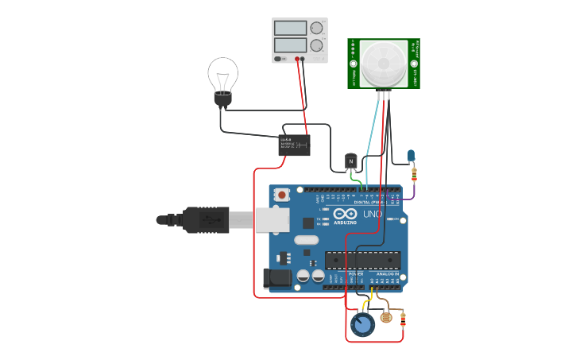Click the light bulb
point(222,76)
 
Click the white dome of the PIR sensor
point(383,64)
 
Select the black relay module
point(294,145)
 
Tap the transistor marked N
point(350,161)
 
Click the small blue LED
point(411,156)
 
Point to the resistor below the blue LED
point(413,174)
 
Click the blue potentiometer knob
point(362,324)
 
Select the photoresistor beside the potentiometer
point(386,317)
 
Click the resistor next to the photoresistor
point(403,320)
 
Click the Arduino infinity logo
point(345,215)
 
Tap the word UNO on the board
point(373,214)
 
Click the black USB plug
point(205,220)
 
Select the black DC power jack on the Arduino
point(276,278)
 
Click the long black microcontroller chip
point(362,260)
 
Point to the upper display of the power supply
point(290,28)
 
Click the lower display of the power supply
point(290,45)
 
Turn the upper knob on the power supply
point(317,28)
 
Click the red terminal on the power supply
point(298,59)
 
